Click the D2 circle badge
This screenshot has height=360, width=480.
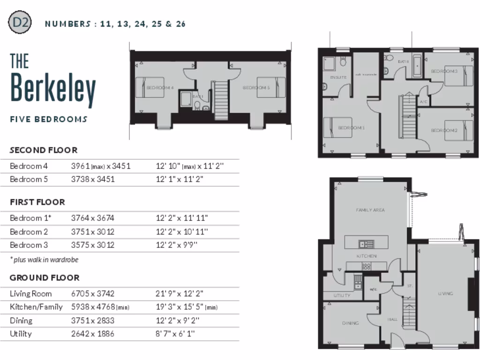(20, 23)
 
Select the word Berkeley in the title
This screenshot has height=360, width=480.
(53, 89)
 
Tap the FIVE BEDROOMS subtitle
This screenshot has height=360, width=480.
(49, 119)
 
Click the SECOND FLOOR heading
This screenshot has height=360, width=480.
(44, 150)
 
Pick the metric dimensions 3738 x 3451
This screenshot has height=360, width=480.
(93, 179)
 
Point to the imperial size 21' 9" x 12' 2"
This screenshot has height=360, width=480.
(180, 294)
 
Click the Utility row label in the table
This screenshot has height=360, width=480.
(21, 334)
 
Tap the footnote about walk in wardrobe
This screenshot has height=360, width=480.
(44, 259)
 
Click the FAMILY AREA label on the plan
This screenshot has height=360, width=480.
(370, 210)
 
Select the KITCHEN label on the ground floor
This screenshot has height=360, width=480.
(367, 256)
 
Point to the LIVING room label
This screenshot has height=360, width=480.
(445, 293)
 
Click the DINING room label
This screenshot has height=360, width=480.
(351, 323)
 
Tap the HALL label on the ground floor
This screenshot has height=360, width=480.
(393, 319)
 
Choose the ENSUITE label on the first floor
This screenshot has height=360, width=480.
(338, 77)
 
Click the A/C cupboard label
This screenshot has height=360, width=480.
(423, 101)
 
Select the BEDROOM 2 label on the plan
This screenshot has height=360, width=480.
(444, 130)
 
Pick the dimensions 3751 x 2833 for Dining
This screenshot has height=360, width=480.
(93, 321)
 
